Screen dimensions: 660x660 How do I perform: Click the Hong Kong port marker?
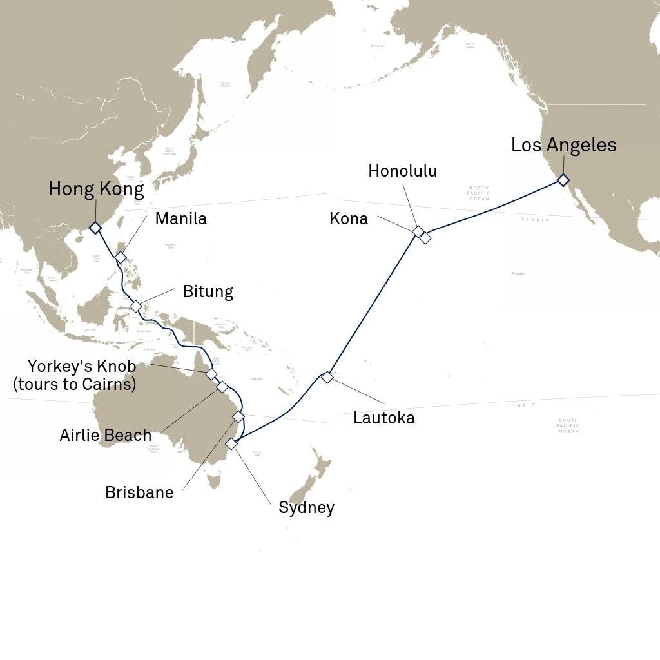pos(95,228)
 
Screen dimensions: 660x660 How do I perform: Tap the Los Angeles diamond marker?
pos(563,180)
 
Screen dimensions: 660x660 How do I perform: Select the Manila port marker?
pos(121,257)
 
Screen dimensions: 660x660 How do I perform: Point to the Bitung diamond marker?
pos(135,306)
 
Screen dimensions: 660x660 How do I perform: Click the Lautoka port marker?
pos(327,377)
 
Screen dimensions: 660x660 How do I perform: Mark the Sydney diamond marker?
pos(231,443)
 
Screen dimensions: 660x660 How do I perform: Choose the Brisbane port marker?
pos(238,416)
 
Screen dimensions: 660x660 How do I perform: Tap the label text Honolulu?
pos(403,171)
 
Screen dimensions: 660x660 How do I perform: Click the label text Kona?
pos(348,219)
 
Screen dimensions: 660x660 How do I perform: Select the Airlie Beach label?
pos(106,435)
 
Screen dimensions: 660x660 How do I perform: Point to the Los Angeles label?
pos(563,145)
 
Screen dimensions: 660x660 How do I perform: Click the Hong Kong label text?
pos(96,189)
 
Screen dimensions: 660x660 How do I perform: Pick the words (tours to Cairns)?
pos(74,385)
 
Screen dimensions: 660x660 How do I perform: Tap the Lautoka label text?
pos(383,418)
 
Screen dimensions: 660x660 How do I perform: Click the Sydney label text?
pos(306,508)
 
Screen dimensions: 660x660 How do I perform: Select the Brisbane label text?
pos(139,493)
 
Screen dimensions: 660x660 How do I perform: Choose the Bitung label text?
pos(208,291)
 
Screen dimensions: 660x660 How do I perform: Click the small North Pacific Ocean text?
pos(479,193)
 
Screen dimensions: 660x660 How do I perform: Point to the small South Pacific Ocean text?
pos(568,426)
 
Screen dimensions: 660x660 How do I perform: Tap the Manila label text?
pos(181,218)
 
